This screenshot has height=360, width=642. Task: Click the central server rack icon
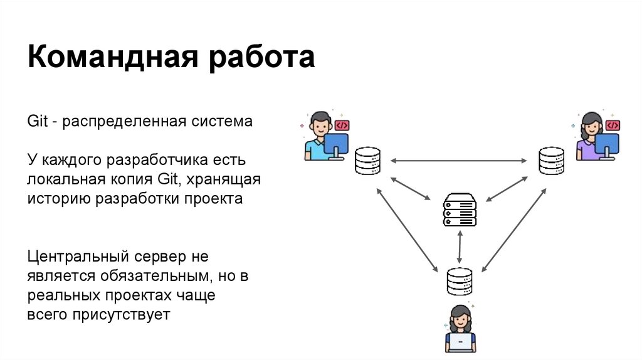460,209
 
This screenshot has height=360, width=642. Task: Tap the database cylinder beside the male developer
367,161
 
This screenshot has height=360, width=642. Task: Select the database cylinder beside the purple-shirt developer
551,161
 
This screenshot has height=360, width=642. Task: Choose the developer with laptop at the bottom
460,329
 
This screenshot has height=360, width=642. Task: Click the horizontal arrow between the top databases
460,162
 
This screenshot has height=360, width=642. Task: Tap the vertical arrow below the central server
460,246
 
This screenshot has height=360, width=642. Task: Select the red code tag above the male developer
342,125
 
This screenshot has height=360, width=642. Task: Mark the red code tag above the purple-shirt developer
613,125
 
